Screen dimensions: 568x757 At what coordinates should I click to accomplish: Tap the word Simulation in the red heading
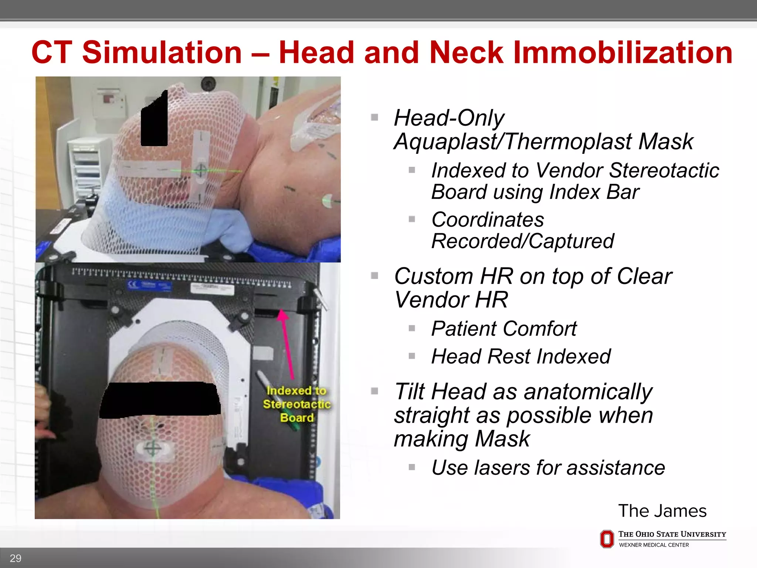162,53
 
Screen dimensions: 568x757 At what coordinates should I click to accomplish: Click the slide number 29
16,558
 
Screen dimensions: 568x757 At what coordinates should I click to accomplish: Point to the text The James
662,511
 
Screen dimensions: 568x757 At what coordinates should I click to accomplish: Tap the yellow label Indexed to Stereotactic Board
296,404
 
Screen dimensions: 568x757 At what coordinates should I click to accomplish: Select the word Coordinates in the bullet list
488,220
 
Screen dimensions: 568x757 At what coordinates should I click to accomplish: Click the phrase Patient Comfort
504,328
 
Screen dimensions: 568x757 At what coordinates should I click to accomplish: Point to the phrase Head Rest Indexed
521,356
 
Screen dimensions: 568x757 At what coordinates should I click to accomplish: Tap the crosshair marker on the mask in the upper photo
201,170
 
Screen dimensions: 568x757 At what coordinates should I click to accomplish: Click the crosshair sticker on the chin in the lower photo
152,449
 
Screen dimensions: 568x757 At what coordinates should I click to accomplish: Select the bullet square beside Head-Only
374,118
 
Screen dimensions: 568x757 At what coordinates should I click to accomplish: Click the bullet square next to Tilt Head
374,391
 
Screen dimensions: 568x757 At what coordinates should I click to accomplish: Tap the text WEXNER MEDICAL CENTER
654,545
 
